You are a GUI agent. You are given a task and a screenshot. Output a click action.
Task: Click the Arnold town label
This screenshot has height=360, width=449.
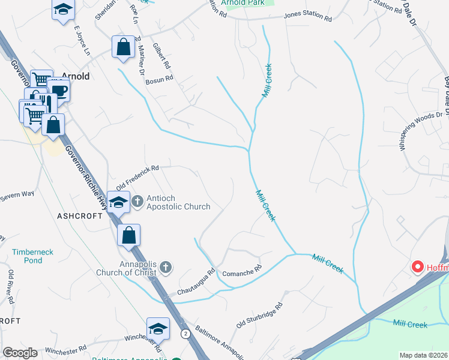pos(76,76)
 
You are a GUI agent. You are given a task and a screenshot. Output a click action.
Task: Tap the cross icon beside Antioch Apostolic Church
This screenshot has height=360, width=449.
pos(137,201)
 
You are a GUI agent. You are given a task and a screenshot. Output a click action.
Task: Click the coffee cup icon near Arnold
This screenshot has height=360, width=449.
pos(59,91)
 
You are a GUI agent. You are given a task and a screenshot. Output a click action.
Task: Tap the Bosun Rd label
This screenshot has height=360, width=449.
pos(161,77)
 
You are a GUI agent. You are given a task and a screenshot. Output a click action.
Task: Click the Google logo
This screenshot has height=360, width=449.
pos(20,352)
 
